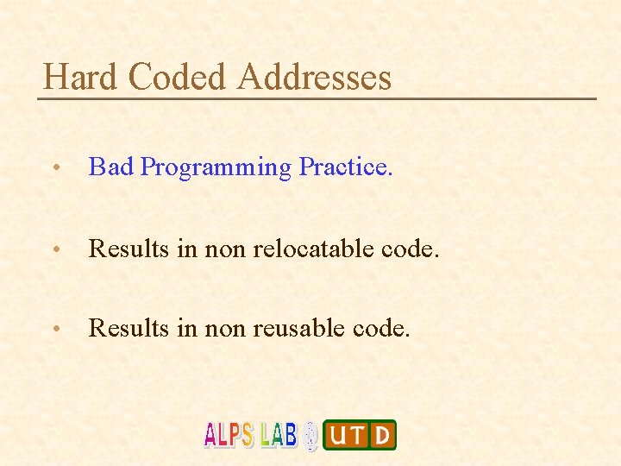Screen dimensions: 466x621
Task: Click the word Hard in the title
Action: (80, 78)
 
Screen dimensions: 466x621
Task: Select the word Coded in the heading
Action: (177, 78)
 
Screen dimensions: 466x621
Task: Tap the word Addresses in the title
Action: (315, 78)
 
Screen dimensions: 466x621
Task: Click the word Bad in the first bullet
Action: (111, 167)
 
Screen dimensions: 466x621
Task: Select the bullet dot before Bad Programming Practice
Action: (55, 168)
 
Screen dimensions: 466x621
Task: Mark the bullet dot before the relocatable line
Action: (55, 251)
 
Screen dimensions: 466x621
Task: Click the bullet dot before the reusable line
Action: (55, 330)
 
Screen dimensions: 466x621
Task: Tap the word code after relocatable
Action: (405, 249)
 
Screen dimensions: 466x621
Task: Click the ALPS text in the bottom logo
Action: (229, 435)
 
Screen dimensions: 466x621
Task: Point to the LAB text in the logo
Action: (279, 435)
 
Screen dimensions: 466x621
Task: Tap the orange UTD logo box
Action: (360, 435)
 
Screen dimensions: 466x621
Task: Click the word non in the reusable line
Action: (226, 328)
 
